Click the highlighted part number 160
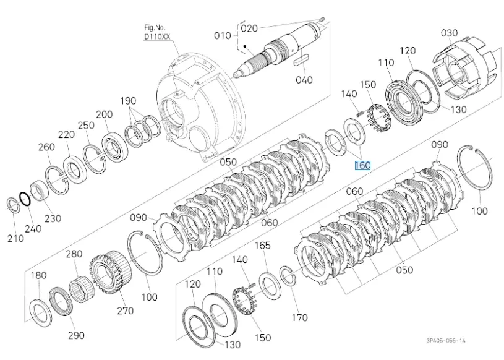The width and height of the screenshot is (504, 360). tap(362, 166)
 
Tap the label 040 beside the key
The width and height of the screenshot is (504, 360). tap(304, 80)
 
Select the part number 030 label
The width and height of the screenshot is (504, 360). tap(449, 33)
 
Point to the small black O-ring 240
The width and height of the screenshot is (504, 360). tap(24, 199)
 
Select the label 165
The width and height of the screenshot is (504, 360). tap(263, 246)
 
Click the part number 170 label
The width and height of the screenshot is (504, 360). tap(299, 318)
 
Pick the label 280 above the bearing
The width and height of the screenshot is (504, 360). tap(75, 254)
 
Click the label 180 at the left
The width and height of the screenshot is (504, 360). tap(38, 275)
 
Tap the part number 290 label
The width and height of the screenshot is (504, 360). tap(76, 335)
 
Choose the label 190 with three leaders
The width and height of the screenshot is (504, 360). tap(127, 101)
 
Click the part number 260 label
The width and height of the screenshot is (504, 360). tap(46, 147)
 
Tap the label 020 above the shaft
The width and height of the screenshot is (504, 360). tap(249, 28)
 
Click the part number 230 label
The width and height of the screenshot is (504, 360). tap(53, 218)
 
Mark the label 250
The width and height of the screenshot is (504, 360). tap(86, 125)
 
